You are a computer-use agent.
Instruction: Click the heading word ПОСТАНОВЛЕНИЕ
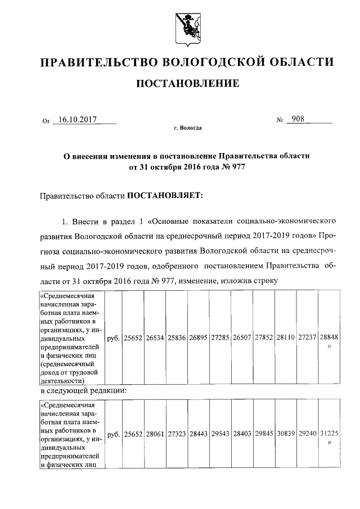tap(185, 84)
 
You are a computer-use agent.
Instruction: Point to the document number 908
tap(294, 120)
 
